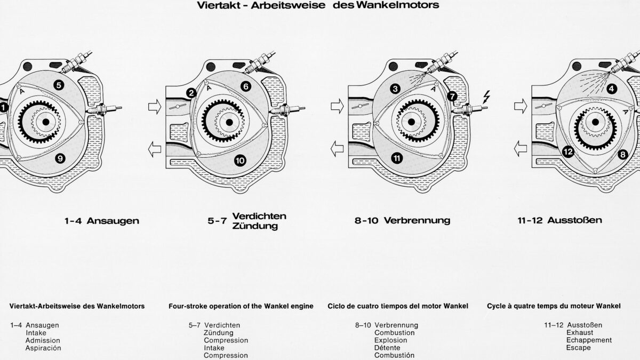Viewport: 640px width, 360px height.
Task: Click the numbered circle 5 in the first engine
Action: click(x=59, y=84)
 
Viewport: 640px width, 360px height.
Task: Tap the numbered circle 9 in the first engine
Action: click(x=60, y=158)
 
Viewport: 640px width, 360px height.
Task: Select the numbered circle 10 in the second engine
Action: click(x=239, y=159)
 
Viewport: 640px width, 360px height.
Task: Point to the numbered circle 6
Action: click(x=245, y=86)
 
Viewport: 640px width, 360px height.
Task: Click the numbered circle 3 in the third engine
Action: click(x=395, y=89)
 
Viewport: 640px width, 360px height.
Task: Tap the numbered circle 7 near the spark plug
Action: click(x=452, y=97)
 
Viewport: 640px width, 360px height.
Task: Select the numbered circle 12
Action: click(x=568, y=152)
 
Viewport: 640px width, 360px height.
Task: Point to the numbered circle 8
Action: click(x=622, y=155)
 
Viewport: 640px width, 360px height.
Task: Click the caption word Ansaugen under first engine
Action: click(x=113, y=221)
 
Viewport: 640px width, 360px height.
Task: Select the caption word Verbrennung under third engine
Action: click(x=417, y=220)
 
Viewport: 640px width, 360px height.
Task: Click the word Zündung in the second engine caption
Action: click(x=255, y=226)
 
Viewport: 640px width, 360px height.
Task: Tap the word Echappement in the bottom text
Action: click(x=589, y=340)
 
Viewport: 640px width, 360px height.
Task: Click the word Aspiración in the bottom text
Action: click(x=43, y=348)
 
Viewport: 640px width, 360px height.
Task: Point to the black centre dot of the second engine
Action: click(x=229, y=122)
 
